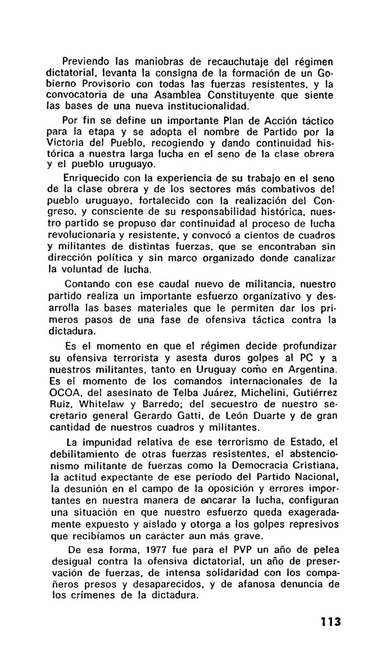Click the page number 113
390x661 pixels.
coord(331,622)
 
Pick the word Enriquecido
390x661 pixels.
coord(91,178)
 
